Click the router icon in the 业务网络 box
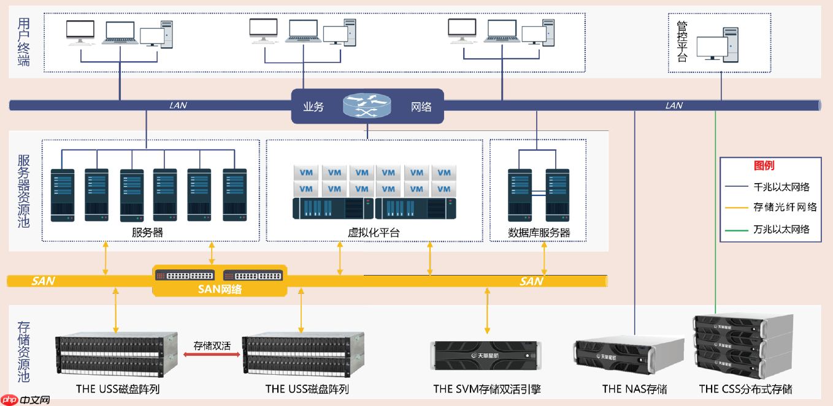(366, 106)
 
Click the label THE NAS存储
(634, 389)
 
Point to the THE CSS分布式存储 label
(745, 389)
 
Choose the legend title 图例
(764, 165)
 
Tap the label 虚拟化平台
(374, 233)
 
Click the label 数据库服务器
(539, 233)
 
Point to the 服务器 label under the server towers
(147, 233)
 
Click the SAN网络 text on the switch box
(220, 289)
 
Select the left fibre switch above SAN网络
(184, 275)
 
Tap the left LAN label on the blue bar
(178, 105)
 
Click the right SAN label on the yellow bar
(531, 281)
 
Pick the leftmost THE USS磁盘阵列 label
(118, 389)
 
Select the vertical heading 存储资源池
(23, 351)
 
